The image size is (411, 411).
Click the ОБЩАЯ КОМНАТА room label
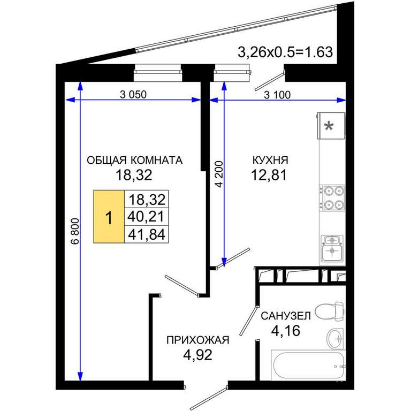[x=134, y=160]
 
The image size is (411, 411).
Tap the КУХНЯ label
[x=270, y=160]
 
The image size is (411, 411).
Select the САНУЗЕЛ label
[x=286, y=316]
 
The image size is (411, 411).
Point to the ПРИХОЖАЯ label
[x=198, y=340]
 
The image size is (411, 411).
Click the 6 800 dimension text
[x=75, y=231]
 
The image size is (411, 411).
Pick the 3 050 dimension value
[x=133, y=94]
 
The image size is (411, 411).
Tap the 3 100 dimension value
[x=277, y=95]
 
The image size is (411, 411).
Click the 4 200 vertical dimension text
[x=219, y=174]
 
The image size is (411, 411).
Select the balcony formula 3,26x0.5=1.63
[x=285, y=52]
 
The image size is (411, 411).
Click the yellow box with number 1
[x=109, y=217]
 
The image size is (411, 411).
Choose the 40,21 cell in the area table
[x=146, y=217]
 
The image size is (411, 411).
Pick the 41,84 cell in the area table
[x=146, y=234]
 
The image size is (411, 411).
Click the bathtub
[x=308, y=365]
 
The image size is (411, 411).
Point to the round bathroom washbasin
[x=335, y=338]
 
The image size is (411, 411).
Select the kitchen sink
[x=332, y=248]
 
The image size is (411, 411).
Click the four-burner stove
[x=332, y=198]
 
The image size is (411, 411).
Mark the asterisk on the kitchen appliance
[x=329, y=127]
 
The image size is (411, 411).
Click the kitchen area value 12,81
[x=269, y=175]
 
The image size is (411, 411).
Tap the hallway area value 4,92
[x=197, y=355]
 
